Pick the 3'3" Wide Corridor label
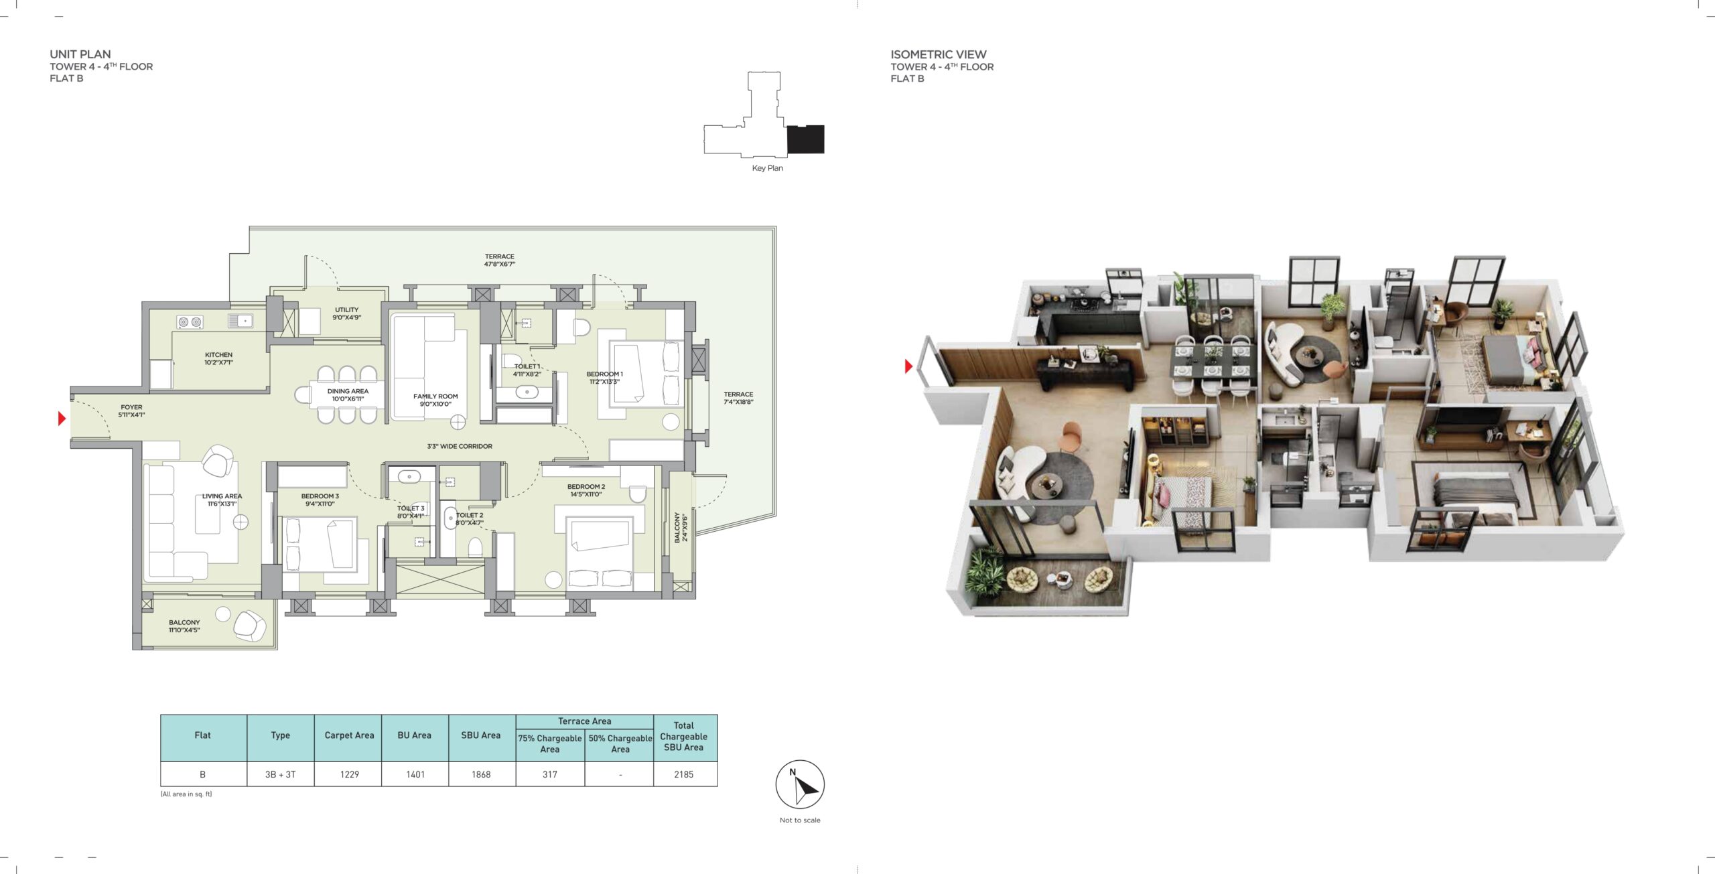point(460,446)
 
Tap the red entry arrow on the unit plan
point(62,419)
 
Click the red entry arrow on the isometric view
point(908,366)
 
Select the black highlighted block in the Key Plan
point(805,139)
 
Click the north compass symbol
point(800,784)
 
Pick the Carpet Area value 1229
point(349,774)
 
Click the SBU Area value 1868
point(481,774)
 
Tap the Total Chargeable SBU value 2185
point(684,774)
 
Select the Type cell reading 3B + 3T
point(280,774)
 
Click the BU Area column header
point(414,735)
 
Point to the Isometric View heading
point(939,54)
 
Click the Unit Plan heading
point(80,54)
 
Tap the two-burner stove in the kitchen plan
point(190,322)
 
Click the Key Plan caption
point(767,168)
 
